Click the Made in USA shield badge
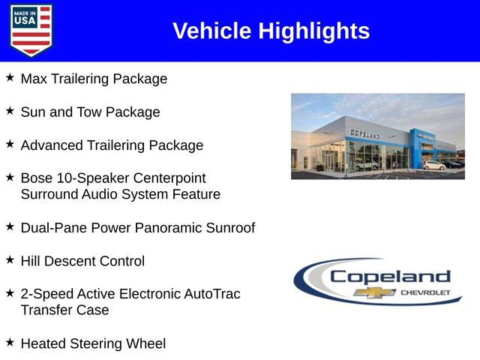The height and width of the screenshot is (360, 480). [x=31, y=30]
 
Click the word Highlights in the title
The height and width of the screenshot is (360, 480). [x=314, y=31]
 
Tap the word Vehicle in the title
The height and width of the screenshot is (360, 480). [x=212, y=31]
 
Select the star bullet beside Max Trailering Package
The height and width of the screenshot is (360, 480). [x=10, y=77]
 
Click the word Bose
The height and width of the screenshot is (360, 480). [x=37, y=178]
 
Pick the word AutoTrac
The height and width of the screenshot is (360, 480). [x=213, y=294]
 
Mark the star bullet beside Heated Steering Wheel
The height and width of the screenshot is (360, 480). [x=10, y=342]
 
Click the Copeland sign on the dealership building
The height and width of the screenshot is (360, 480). [x=365, y=133]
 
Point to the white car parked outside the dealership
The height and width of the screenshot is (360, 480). [x=433, y=165]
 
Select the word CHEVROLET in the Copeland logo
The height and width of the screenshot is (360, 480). [x=426, y=291]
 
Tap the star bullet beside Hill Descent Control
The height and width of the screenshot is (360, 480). [x=10, y=259]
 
